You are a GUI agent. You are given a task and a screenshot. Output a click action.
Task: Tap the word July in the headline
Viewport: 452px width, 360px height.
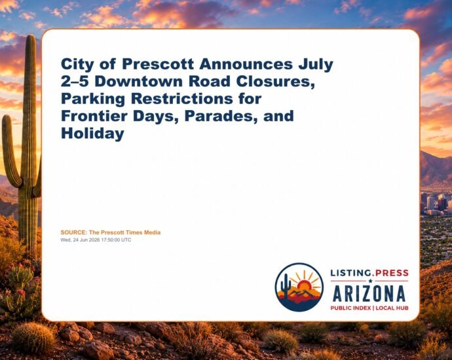point(316,65)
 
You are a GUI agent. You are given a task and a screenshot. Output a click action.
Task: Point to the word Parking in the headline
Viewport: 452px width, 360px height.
point(93,99)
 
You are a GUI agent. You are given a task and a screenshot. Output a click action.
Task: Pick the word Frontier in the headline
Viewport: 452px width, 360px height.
point(94,116)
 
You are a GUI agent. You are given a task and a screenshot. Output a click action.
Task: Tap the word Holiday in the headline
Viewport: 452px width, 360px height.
point(92,134)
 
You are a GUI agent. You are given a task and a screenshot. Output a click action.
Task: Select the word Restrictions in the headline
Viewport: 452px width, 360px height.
point(182,99)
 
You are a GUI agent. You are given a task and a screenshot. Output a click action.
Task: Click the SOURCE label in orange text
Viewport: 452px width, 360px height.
point(73,232)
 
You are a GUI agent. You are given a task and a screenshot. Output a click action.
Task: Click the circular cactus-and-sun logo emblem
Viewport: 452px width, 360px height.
point(299,287)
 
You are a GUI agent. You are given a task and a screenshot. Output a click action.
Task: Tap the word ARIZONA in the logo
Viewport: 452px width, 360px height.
point(369,294)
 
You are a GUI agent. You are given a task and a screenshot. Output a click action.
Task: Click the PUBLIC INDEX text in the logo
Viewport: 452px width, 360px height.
point(350,308)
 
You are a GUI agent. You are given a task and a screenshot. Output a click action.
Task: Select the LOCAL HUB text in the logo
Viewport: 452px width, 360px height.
point(392,308)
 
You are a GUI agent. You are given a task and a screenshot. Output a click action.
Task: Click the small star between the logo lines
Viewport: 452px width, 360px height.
point(370,281)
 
